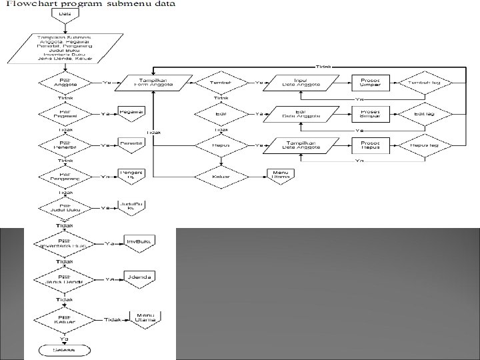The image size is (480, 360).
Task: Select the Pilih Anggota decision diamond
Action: click(x=65, y=83)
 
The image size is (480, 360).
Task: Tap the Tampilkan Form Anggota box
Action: click(x=153, y=83)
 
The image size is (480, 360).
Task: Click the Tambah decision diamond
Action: click(x=221, y=83)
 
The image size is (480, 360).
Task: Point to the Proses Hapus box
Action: click(x=370, y=145)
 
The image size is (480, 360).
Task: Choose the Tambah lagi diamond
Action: click(x=425, y=83)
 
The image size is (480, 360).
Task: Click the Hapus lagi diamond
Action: click(x=425, y=145)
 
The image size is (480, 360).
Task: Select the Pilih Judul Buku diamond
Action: click(x=65, y=208)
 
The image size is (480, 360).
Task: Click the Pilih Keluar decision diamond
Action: click(x=65, y=319)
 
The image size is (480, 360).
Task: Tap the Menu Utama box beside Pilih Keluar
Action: click(x=145, y=319)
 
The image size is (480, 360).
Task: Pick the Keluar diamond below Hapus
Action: click(x=221, y=176)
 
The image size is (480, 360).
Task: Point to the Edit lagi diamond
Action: click(x=425, y=114)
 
